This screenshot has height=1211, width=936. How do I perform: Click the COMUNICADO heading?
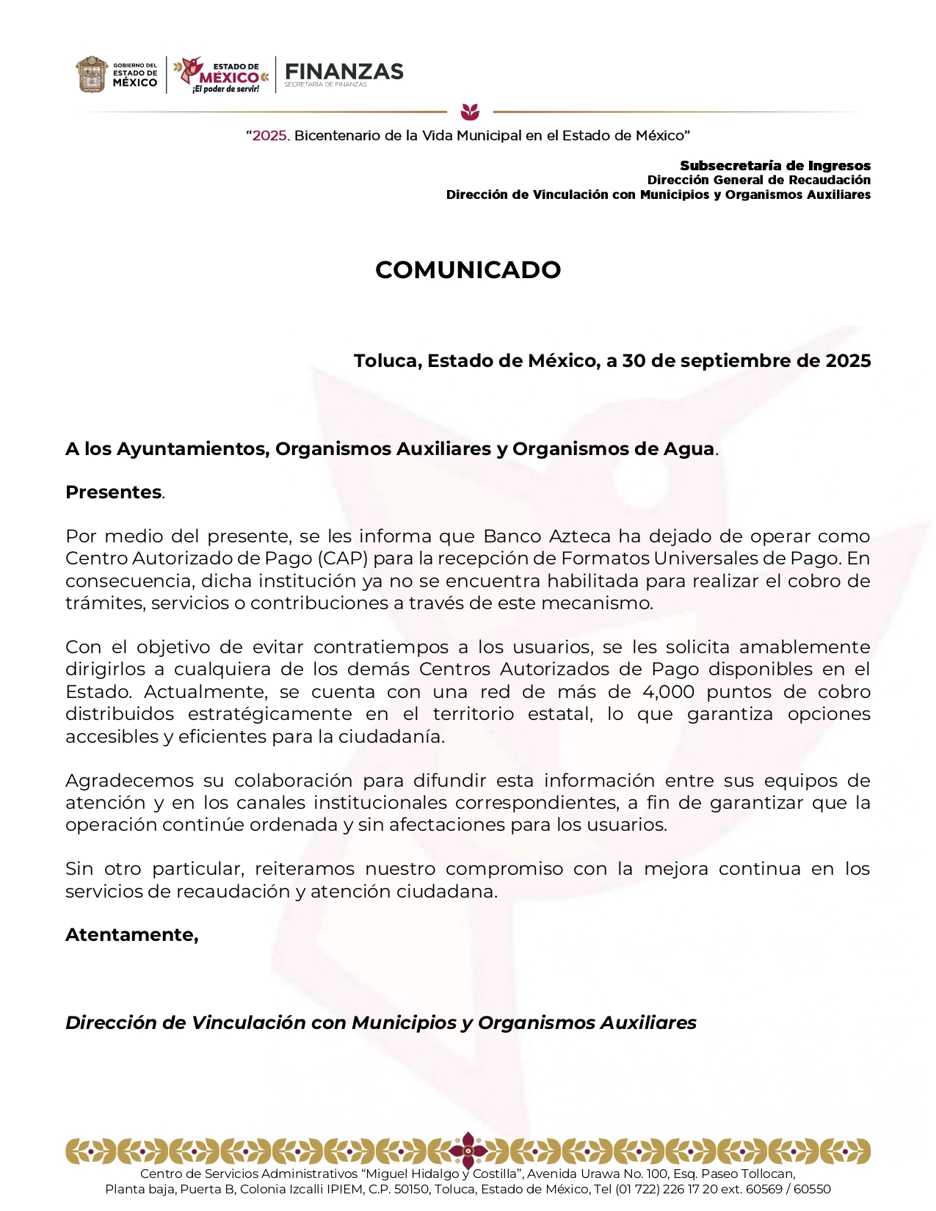468,270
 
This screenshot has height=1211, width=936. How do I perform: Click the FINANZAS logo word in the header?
344,71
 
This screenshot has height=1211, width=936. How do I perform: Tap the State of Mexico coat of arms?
92,75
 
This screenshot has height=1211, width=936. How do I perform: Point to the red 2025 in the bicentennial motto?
270,136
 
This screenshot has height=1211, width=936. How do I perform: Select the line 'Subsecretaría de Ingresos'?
775,166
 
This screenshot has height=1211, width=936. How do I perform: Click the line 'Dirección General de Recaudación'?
758,180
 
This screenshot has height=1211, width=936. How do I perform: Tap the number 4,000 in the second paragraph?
668,692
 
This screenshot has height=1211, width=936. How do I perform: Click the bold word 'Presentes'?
113,492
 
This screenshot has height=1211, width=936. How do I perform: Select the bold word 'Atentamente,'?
131,935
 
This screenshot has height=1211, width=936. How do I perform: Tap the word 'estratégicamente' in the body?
269,714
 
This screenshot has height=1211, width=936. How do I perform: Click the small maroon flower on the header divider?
470,112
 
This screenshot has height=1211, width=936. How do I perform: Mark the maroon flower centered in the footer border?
468,1150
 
